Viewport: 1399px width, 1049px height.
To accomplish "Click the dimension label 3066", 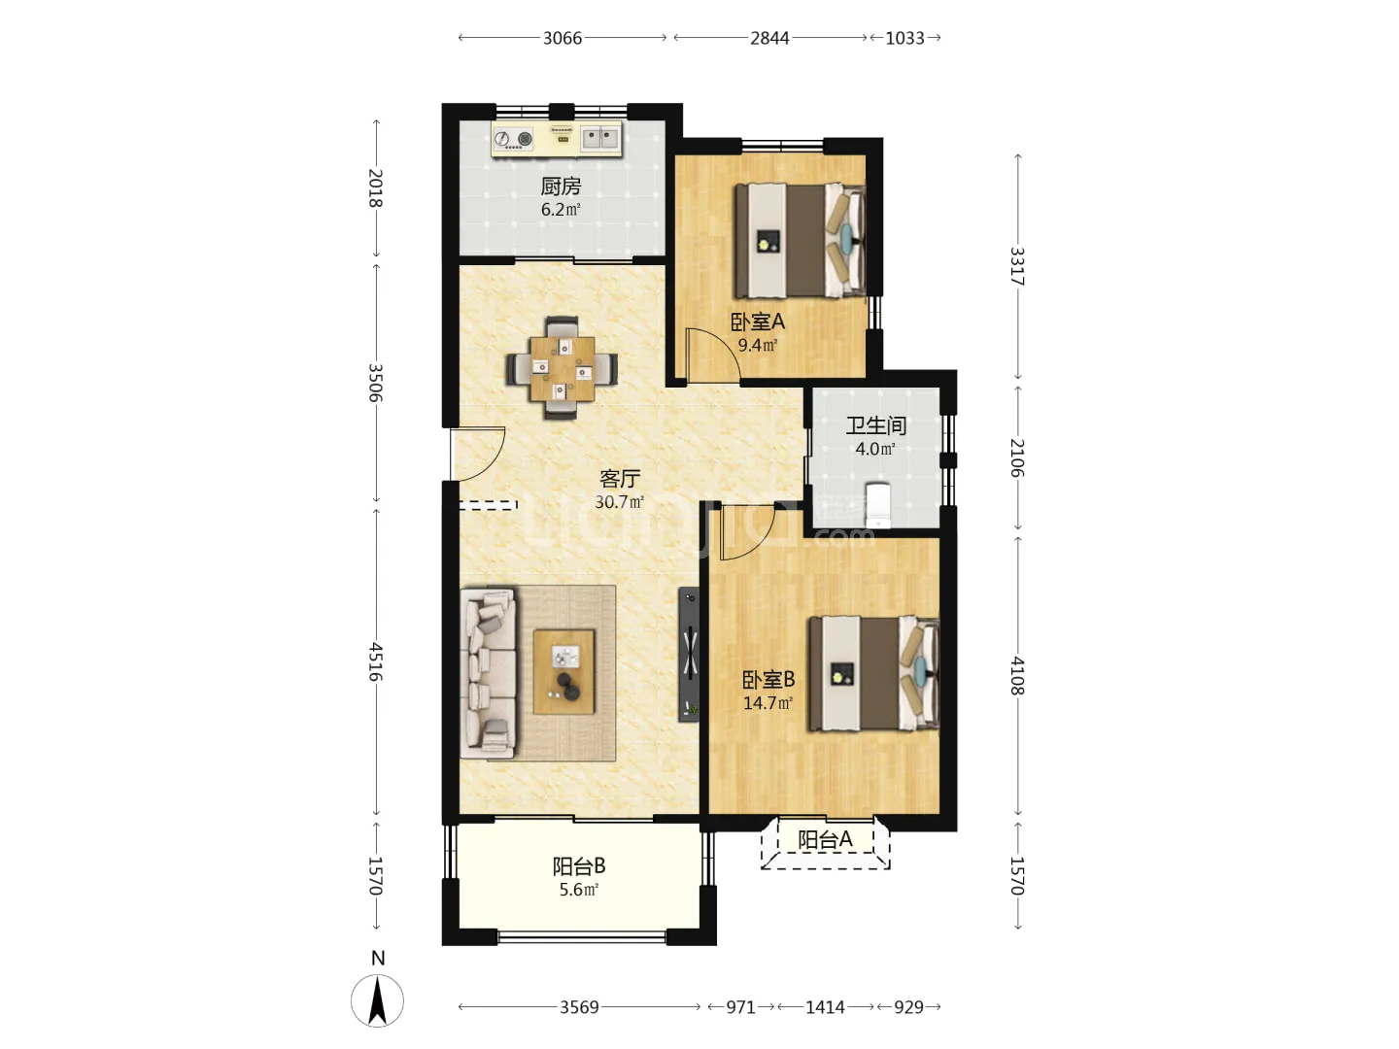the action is pos(563,38).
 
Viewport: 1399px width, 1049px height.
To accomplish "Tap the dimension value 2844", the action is pos(769,38).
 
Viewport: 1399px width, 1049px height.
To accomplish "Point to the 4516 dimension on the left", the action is pos(375,661).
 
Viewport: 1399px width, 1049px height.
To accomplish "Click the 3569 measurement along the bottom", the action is pos(579,1007).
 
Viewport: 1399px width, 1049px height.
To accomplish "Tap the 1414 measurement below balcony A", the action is pos(825,1007).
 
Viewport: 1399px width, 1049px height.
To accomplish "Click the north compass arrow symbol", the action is pos(377,1000).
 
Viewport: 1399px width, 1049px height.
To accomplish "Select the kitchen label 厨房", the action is pos(561,186).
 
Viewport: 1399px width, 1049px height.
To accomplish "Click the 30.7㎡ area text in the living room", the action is pos(619,502).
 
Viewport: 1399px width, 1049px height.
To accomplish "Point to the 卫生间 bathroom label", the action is pos(875,425).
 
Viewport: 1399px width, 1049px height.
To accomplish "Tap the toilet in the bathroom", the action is pos(878,504).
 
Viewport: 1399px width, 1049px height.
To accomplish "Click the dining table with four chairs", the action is pos(562,367).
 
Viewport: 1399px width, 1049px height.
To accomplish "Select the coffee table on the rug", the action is pos(563,671).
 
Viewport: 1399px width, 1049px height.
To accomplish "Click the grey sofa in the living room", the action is pos(489,672).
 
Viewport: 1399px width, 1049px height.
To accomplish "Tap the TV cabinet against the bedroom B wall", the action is pos(689,654).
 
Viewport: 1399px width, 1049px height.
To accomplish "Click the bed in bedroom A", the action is pos(800,241).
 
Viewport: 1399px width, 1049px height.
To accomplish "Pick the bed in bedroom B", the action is pos(873,673).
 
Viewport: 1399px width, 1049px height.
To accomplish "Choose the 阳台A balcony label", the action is pos(825,839).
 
